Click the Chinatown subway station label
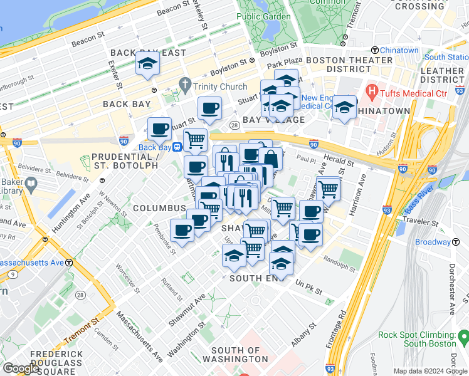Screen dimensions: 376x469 tap(399, 50)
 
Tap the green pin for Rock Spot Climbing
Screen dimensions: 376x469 tap(463, 338)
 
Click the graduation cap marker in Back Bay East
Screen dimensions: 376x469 tap(147, 64)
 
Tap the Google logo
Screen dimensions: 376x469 tap(21, 368)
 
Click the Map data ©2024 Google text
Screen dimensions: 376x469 tap(429, 371)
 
